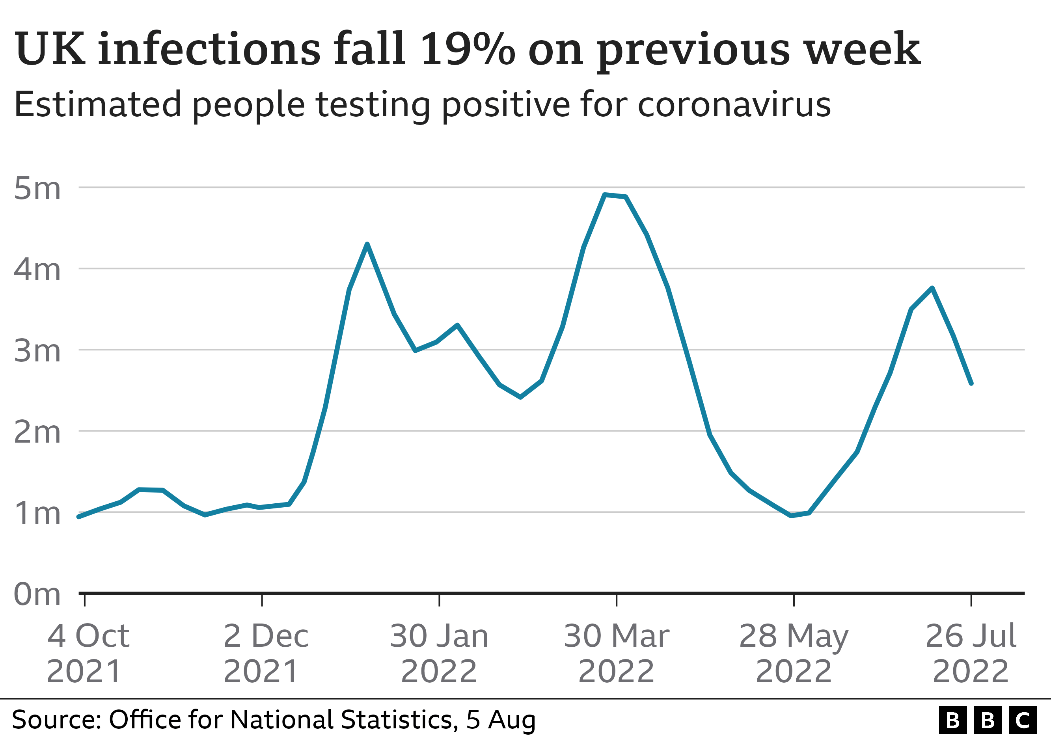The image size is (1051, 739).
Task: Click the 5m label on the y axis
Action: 37,188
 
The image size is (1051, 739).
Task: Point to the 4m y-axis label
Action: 37,270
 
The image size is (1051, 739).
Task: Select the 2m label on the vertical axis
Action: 37,432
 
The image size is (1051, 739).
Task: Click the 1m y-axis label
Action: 37,514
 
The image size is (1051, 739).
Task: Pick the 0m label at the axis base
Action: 37,595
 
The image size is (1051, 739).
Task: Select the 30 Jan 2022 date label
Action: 439,653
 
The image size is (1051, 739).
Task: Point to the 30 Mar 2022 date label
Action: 616,653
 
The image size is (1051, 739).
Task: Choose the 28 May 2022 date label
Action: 794,653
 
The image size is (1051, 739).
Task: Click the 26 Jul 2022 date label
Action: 971,653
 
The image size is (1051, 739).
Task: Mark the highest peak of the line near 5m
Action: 605,195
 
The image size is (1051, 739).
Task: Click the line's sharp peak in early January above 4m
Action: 367,244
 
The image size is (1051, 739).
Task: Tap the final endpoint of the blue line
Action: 971,383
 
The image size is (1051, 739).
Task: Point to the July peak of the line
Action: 932,288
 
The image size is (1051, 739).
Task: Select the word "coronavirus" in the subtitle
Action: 734,104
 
